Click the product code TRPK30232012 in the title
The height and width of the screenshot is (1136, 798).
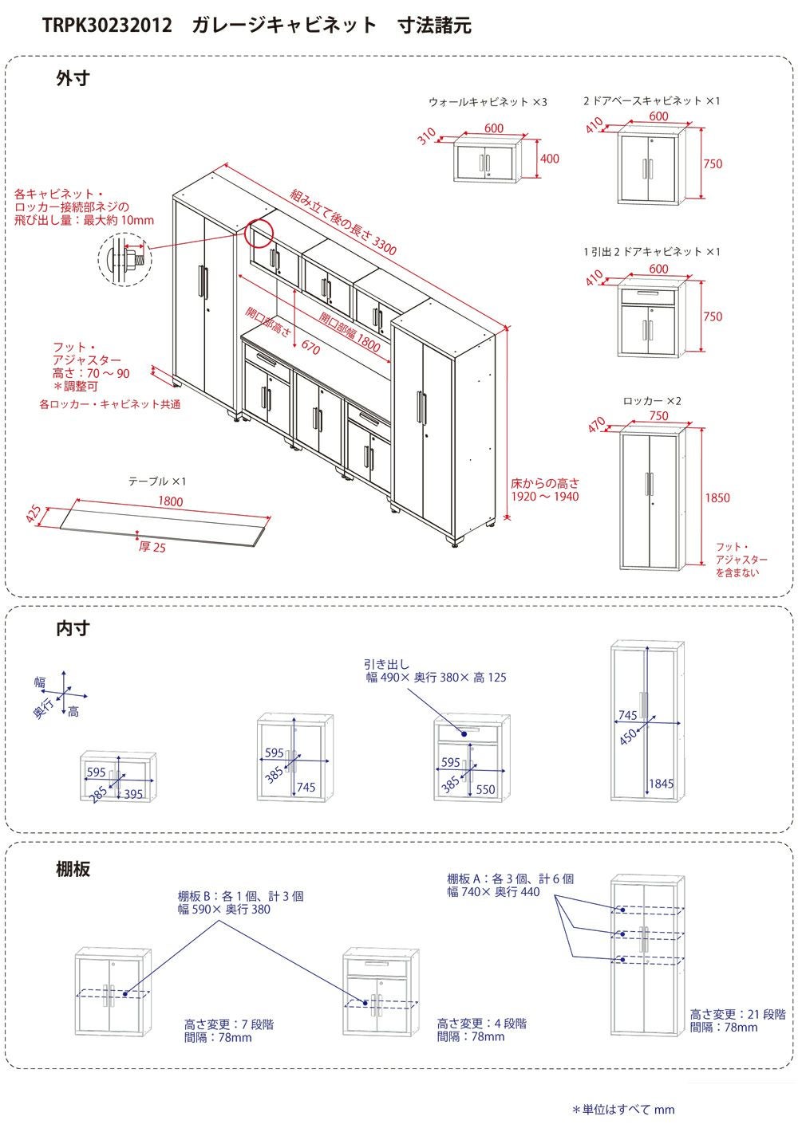pyautogui.click(x=107, y=25)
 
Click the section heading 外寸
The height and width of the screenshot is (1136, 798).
pyautogui.click(x=73, y=79)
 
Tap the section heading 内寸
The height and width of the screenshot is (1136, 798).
pyautogui.click(x=73, y=628)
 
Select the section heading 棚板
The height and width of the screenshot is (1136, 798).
pyautogui.click(x=73, y=869)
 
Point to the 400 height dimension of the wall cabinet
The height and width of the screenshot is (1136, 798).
pyautogui.click(x=549, y=159)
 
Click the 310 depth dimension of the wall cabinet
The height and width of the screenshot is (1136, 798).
pyautogui.click(x=427, y=136)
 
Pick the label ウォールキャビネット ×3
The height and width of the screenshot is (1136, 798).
pyautogui.click(x=488, y=102)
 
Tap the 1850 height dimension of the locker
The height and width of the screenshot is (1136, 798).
pyautogui.click(x=717, y=498)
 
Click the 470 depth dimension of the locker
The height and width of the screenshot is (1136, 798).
pyautogui.click(x=596, y=424)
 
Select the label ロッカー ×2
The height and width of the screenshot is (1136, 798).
pyautogui.click(x=652, y=401)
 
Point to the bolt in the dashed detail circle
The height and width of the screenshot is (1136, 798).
pyautogui.click(x=135, y=258)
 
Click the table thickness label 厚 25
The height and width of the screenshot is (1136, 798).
pyautogui.click(x=152, y=547)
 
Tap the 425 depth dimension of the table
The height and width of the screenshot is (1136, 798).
pyautogui.click(x=34, y=514)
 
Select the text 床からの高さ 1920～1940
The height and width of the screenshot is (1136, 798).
pyautogui.click(x=545, y=490)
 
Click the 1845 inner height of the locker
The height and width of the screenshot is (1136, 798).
pyautogui.click(x=661, y=784)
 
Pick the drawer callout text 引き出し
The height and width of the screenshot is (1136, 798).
pyautogui.click(x=386, y=664)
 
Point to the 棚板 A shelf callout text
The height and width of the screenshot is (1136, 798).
pyautogui.click(x=510, y=886)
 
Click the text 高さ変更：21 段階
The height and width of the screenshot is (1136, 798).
pyautogui.click(x=737, y=1014)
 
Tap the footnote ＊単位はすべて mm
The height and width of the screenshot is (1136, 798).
pyautogui.click(x=623, y=1110)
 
